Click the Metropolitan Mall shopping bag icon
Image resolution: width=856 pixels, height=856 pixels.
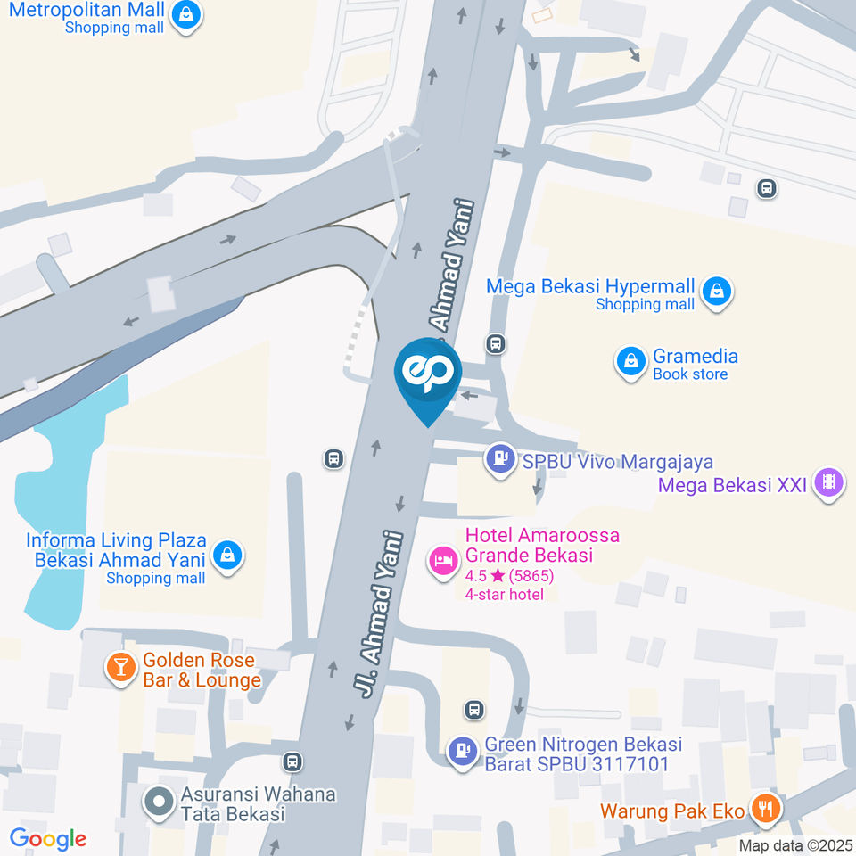pyautogui.click(x=185, y=15)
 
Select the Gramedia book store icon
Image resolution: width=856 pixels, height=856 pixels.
pyautogui.click(x=630, y=361)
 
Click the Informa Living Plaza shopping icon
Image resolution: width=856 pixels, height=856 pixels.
pyautogui.click(x=229, y=555)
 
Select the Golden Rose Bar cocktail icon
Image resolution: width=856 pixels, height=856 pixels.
pyautogui.click(x=119, y=665)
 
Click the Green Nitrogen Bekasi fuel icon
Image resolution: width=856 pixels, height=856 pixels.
pyautogui.click(x=462, y=749)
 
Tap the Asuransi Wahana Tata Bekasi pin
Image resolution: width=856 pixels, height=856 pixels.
pyautogui.click(x=159, y=802)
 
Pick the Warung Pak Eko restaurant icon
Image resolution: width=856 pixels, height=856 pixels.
pyautogui.click(x=765, y=809)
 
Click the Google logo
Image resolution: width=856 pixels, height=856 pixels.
pyautogui.click(x=48, y=838)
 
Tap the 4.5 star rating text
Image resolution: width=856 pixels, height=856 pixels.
pyautogui.click(x=509, y=576)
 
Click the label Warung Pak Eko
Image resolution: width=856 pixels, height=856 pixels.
pyautogui.click(x=673, y=811)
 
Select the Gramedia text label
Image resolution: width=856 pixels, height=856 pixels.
pyautogui.click(x=695, y=356)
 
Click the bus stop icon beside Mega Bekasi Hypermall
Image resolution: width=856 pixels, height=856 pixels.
pyautogui.click(x=496, y=343)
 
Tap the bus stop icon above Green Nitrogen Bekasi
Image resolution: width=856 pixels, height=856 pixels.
pyautogui.click(x=474, y=710)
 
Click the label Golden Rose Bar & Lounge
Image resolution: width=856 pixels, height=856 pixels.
pyautogui.click(x=202, y=671)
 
